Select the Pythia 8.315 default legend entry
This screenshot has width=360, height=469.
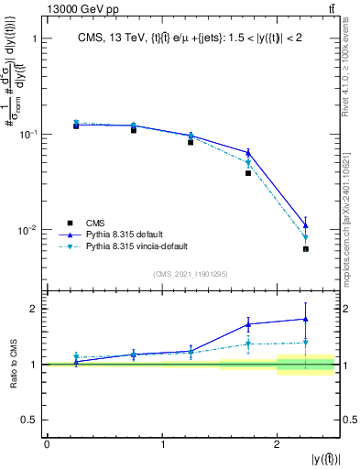(x=127, y=234)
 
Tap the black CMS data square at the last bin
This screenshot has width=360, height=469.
(x=306, y=249)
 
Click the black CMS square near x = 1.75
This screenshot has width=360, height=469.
(x=248, y=173)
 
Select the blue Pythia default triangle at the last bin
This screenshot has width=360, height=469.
(x=306, y=225)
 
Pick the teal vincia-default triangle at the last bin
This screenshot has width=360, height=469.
(x=306, y=239)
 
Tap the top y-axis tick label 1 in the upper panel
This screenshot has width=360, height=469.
(x=35, y=39)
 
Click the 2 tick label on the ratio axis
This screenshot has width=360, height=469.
(x=35, y=309)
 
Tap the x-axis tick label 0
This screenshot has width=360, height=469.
(x=47, y=444)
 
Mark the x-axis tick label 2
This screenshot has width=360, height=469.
(x=277, y=444)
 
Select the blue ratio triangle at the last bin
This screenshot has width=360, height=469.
(x=306, y=319)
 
